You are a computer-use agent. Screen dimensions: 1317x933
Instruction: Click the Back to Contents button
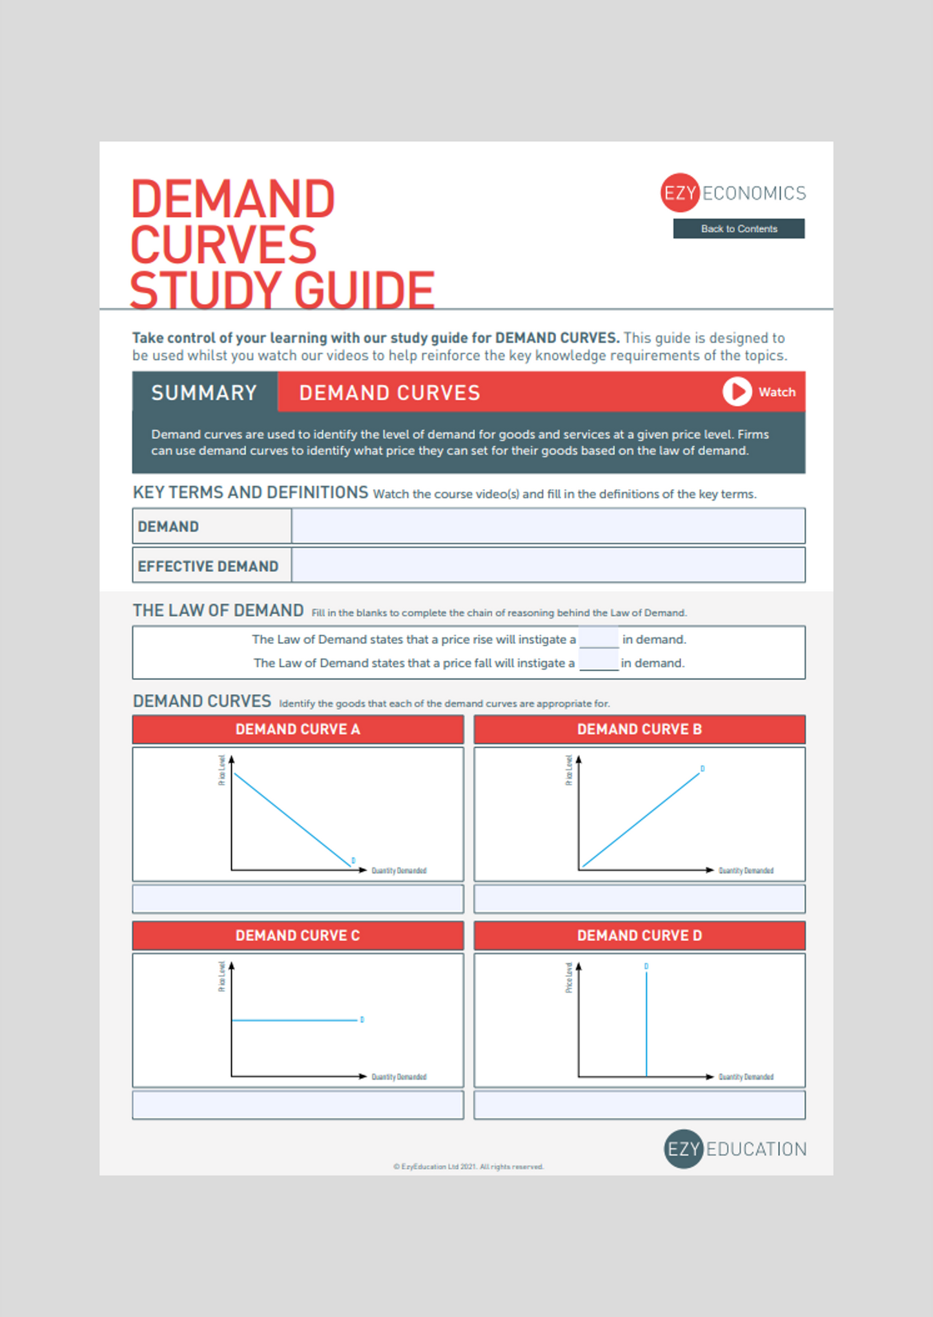point(739,228)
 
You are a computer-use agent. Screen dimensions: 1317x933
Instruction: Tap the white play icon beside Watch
point(737,392)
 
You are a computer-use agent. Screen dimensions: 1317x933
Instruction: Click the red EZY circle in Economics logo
point(680,192)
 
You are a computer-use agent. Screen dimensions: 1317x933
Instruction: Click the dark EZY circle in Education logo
point(683,1149)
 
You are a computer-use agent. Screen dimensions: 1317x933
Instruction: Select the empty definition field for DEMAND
point(548,526)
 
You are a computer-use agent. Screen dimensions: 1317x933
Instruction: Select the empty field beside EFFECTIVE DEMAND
point(548,565)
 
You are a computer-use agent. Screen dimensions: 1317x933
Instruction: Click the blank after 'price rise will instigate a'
point(599,639)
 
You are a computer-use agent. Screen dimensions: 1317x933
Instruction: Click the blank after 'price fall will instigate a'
point(599,662)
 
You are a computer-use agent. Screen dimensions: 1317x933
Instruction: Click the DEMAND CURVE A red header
point(298,729)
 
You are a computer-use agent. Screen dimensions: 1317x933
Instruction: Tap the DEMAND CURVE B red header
point(639,729)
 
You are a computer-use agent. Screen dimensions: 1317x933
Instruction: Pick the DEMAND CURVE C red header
point(298,936)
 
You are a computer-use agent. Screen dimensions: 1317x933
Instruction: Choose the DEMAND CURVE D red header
point(639,936)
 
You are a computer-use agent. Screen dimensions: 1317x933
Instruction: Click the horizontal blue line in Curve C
point(294,1020)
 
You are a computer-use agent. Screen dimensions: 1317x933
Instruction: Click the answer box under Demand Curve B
point(639,899)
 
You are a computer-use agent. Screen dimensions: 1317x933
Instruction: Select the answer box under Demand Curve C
point(298,1105)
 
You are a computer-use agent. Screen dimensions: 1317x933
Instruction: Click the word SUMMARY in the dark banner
point(204,392)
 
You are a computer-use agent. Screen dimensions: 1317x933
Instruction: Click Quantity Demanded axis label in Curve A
point(399,870)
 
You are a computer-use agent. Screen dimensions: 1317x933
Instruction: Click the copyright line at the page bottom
point(468,1167)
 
